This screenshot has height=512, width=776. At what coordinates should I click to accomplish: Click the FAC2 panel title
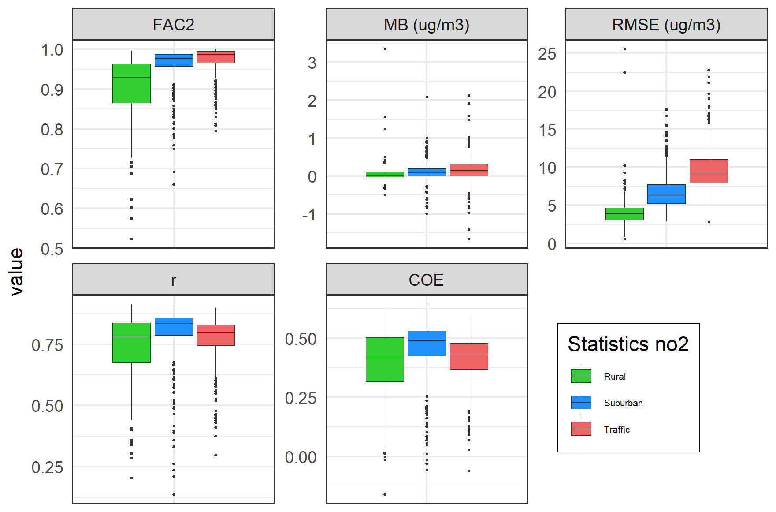(x=173, y=25)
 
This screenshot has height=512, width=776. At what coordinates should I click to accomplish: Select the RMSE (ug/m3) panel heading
(x=666, y=25)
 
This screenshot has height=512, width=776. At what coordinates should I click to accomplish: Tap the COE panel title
(x=426, y=280)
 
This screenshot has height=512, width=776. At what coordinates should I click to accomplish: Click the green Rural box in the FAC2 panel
(x=131, y=83)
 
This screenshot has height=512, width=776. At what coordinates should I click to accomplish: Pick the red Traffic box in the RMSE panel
(x=708, y=171)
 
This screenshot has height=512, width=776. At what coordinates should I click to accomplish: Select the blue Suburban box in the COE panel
(x=427, y=344)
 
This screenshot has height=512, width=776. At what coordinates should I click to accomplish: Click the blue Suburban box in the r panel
(x=174, y=326)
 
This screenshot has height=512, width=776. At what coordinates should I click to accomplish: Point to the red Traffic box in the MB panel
(x=469, y=170)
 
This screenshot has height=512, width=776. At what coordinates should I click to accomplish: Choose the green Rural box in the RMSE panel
(x=624, y=213)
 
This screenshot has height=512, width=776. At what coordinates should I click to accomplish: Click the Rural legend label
(x=615, y=377)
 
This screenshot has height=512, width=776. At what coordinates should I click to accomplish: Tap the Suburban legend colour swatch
(x=581, y=403)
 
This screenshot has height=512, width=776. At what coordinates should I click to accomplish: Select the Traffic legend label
(x=616, y=430)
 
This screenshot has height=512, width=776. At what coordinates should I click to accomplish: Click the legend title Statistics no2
(x=628, y=344)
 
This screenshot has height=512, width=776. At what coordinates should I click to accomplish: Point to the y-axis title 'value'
(x=17, y=271)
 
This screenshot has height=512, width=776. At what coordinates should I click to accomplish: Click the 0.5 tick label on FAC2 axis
(x=52, y=249)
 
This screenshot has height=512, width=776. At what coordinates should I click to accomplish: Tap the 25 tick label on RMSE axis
(x=547, y=54)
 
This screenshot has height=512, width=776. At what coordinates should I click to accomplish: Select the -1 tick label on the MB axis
(x=309, y=215)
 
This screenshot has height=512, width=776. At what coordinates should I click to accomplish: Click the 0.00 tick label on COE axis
(x=301, y=457)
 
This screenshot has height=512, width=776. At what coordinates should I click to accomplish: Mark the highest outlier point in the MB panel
(x=385, y=49)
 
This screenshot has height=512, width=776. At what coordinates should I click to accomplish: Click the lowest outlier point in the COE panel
(x=385, y=494)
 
